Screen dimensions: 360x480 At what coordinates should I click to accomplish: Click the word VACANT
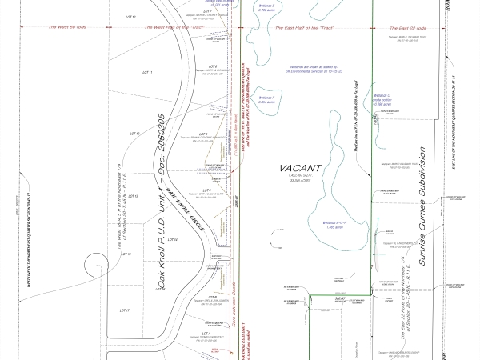point(300,168)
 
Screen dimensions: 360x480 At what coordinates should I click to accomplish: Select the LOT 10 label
point(132,16)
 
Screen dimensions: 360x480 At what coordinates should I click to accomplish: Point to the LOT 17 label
point(124,309)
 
